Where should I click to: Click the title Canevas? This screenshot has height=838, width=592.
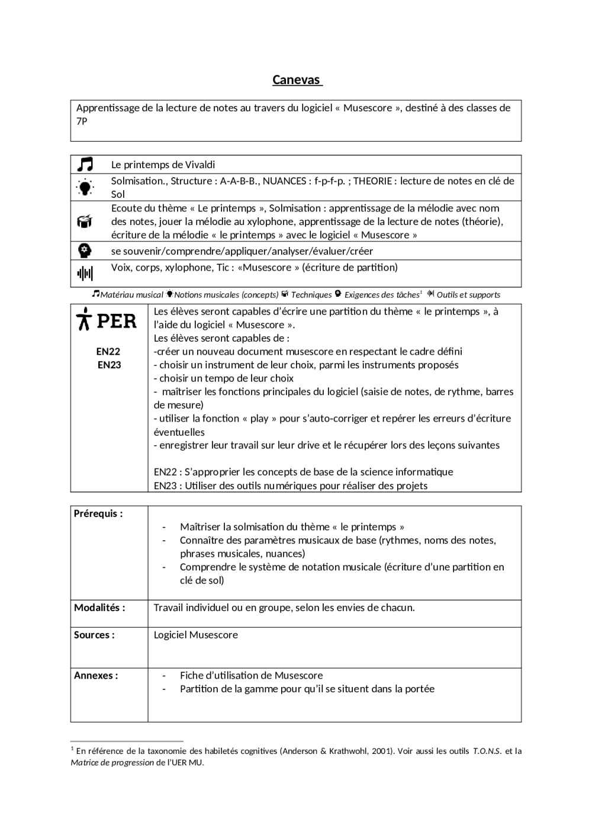296,80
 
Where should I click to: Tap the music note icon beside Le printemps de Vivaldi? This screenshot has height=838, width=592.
85,164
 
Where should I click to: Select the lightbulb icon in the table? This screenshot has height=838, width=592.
85,188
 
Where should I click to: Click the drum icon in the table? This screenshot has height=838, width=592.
85,221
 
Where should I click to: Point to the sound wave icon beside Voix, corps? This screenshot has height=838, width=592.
85,273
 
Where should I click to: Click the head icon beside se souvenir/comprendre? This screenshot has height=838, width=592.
85,251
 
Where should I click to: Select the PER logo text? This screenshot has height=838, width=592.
107,321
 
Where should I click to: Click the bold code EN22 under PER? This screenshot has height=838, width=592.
108,351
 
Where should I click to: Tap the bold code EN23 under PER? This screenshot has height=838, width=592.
109,365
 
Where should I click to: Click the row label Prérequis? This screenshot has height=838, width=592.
98,513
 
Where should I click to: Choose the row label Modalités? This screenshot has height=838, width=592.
99,608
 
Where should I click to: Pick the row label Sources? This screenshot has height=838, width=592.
94,635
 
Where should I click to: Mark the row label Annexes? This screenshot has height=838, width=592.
96,675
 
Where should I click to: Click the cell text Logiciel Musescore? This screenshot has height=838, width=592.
196,635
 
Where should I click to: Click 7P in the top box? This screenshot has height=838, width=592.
82,121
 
